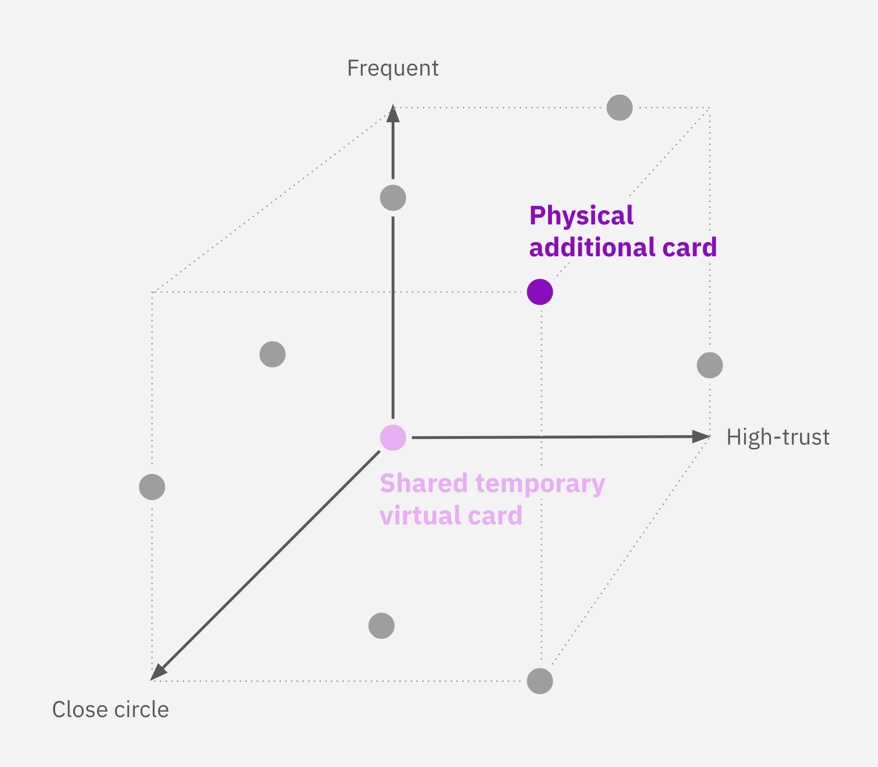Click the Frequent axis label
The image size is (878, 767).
pos(393,68)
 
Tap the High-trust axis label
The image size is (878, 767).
pos(778,437)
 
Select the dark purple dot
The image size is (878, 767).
pos(540,292)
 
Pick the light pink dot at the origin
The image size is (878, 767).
pos(393,437)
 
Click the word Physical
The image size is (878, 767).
pos(581,215)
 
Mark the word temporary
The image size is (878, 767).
pos(540,484)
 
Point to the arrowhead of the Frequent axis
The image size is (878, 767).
pos(393,113)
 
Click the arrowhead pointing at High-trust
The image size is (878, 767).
pos(701,437)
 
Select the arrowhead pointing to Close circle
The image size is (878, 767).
pos(158,672)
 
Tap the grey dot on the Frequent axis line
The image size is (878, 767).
pos(393,198)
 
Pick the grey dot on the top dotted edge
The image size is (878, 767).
pos(620,107)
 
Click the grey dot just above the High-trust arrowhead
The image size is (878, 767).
pos(710,365)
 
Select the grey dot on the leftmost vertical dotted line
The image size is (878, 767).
pos(152,487)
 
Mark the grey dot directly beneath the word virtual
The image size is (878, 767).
pos(382,626)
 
